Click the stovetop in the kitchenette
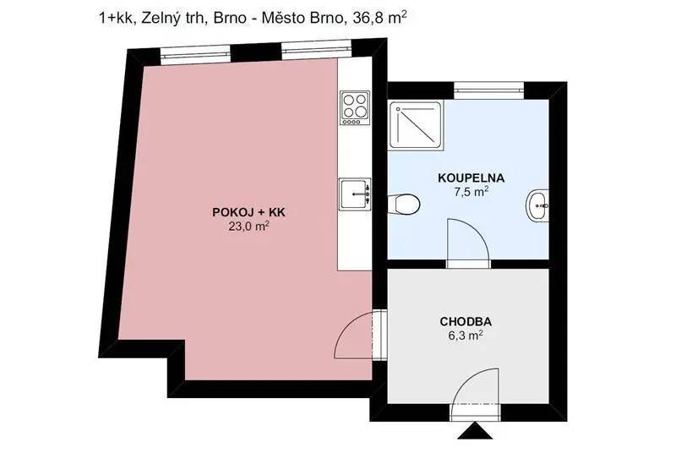coord(355,107)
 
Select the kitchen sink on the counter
coord(355,194)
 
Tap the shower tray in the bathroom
coord(416,125)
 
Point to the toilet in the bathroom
coord(404,204)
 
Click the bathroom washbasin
coord(537,206)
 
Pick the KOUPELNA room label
coord(472,177)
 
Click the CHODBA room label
coord(466,321)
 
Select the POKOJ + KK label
coord(248,212)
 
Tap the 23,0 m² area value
coord(248,226)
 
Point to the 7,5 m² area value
coord(472,192)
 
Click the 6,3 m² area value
coord(466,336)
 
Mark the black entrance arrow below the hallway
coord(475,431)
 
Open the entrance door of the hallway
coord(475,394)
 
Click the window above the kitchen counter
coord(317,49)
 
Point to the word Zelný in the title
coord(155,18)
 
